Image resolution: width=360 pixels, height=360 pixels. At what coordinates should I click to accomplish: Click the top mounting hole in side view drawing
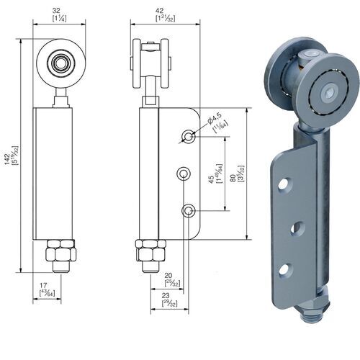[188, 135]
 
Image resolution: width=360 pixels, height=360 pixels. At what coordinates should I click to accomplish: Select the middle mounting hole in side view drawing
[184, 173]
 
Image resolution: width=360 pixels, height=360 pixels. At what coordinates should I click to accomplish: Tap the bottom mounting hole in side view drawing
[188, 210]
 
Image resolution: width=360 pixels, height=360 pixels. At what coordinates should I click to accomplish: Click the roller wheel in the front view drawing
[60, 63]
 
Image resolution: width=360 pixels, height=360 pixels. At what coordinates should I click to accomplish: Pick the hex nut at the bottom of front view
[60, 253]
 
